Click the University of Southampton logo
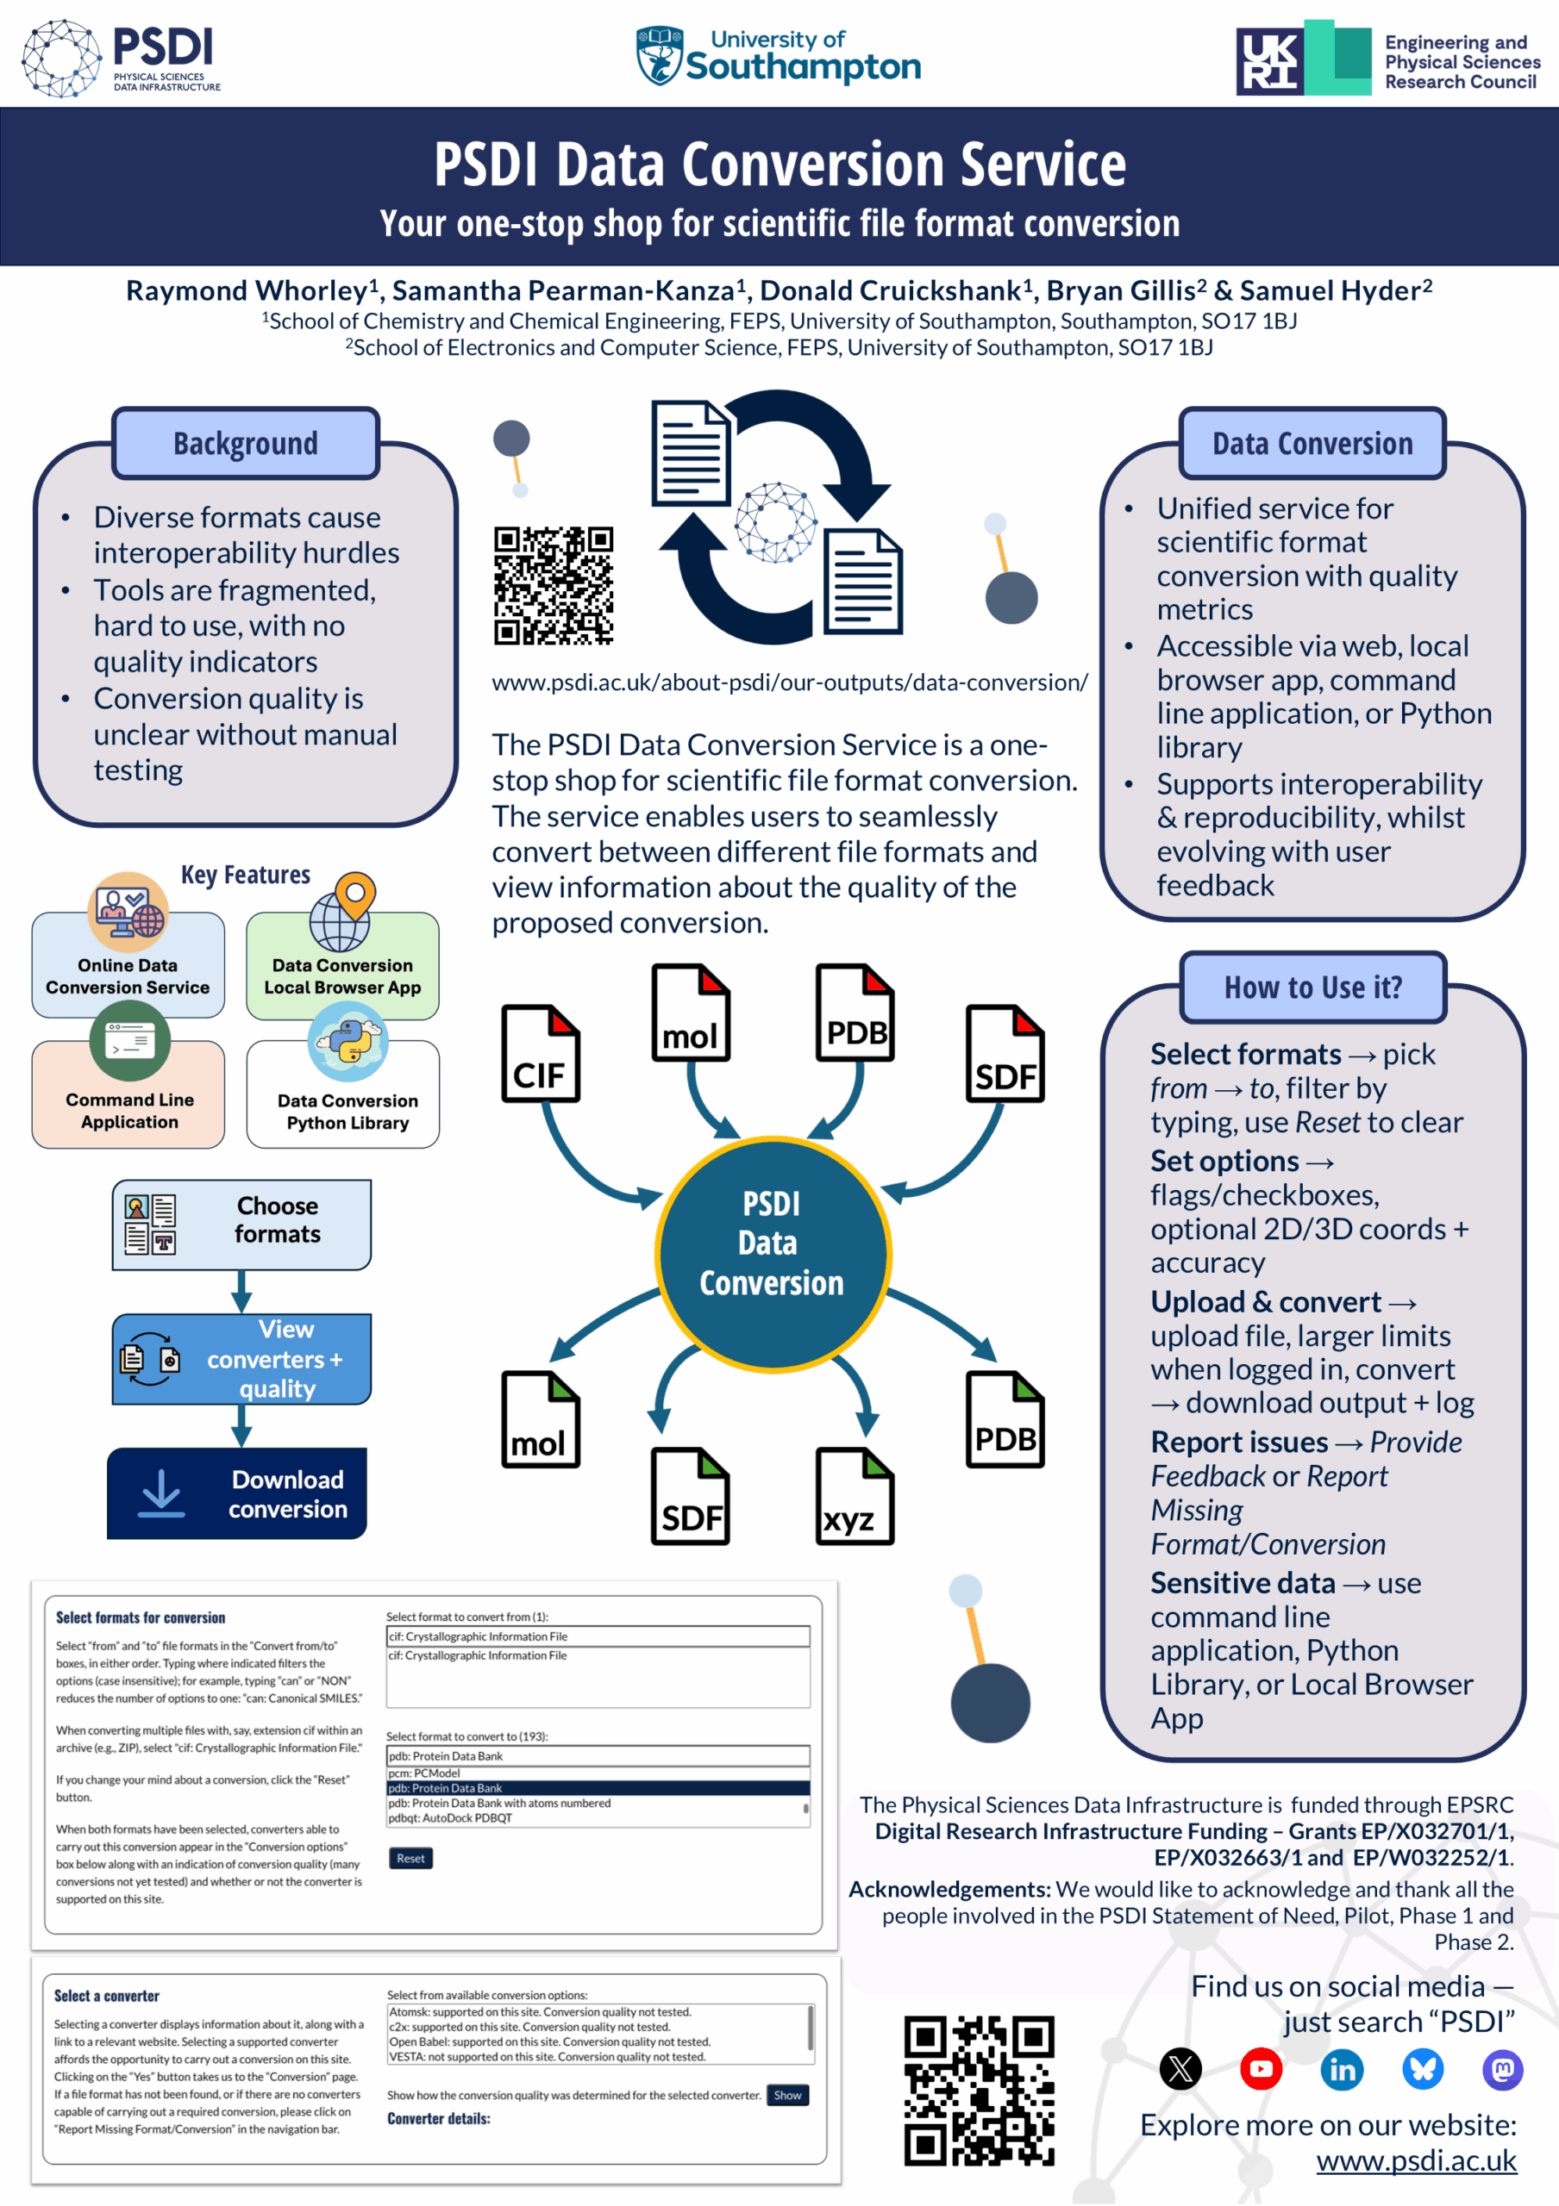[779, 56]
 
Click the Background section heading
[245, 443]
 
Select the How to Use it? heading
[1312, 987]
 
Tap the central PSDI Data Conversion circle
[773, 1253]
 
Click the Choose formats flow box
[241, 1223]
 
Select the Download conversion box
[237, 1492]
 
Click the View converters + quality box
[241, 1359]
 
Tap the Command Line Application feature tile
[128, 1095]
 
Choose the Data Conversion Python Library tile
[344, 1096]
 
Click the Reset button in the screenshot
[410, 1858]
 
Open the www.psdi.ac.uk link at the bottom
[1416, 2161]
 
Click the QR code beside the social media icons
[979, 2090]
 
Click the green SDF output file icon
[689, 1495]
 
